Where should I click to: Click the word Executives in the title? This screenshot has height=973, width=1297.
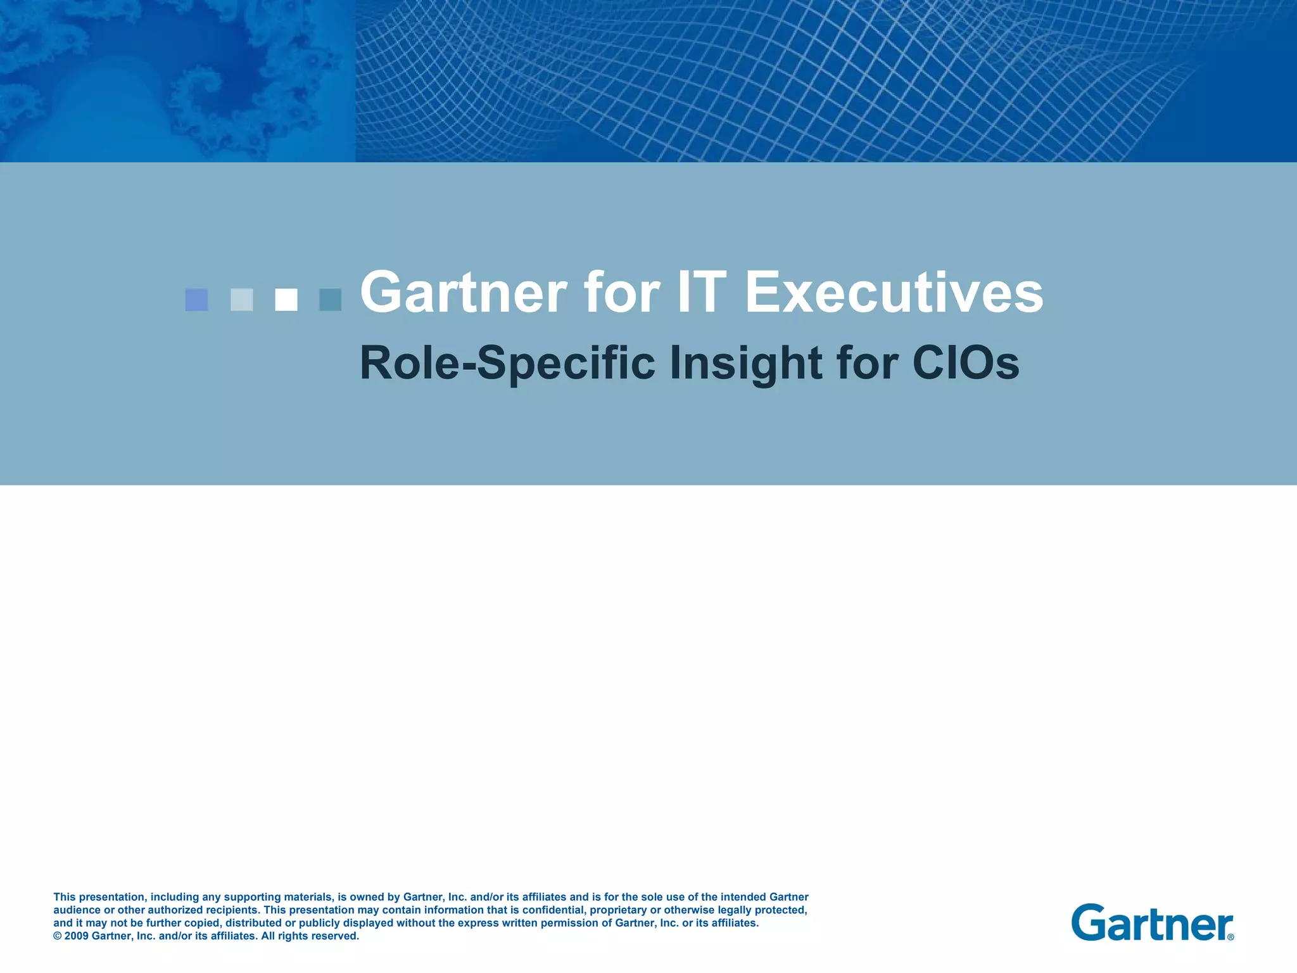[894, 293]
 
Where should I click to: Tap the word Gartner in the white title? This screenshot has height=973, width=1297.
[464, 293]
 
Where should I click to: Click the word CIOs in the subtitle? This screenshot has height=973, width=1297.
[966, 362]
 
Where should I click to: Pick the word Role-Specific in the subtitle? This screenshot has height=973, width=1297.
[507, 364]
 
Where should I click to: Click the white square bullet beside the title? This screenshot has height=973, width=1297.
[286, 300]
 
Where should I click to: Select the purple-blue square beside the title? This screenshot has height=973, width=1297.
[196, 300]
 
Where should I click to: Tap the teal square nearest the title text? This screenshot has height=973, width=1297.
[330, 300]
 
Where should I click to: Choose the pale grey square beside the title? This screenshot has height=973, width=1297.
[242, 300]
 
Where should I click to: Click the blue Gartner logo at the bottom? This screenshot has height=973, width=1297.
[1150, 922]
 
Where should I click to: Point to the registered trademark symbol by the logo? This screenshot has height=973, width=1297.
[1231, 937]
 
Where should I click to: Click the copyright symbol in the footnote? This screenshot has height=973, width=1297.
[57, 936]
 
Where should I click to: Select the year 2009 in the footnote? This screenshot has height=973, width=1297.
[77, 936]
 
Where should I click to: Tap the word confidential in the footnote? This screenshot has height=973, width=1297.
[553, 910]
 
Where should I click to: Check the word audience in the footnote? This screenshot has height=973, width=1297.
[77, 910]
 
